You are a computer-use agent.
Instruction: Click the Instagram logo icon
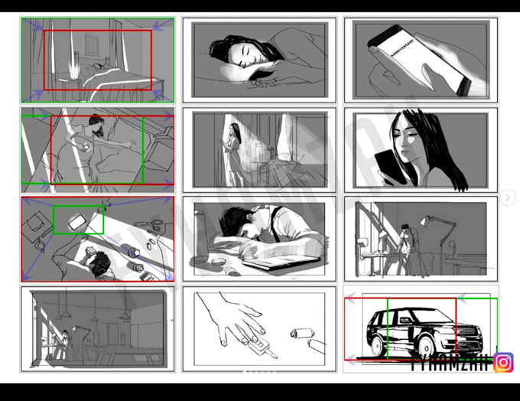(503, 362)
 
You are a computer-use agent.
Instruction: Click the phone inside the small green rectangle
(77, 221)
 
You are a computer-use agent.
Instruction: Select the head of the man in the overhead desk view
(98, 264)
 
